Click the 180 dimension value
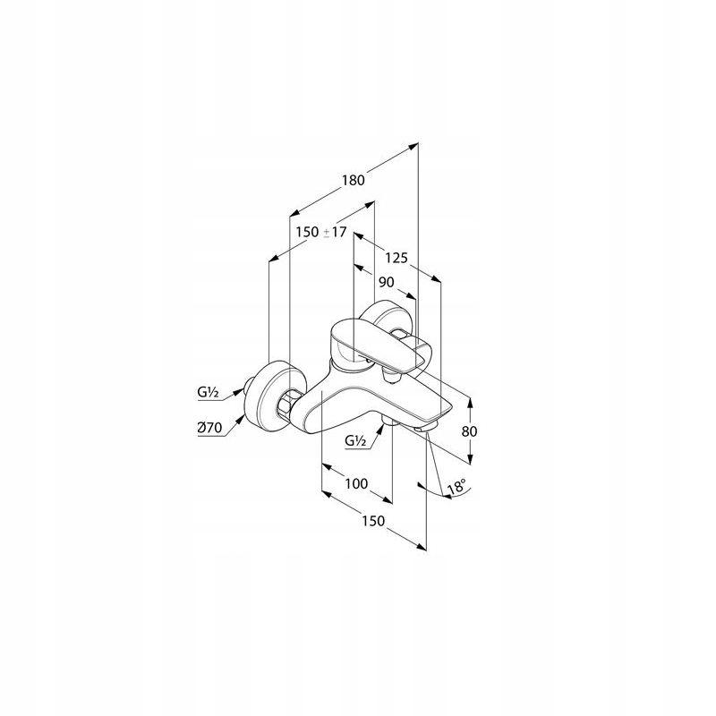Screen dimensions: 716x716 point(354,180)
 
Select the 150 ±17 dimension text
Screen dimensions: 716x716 point(321,232)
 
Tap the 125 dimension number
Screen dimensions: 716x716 point(396,259)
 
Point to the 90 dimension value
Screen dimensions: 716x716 point(387,282)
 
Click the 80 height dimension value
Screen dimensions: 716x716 point(469,431)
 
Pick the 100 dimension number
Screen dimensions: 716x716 point(356,483)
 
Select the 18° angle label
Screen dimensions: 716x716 point(456,486)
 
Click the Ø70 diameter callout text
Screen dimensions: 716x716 point(209,428)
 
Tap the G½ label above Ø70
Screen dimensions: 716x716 point(208,392)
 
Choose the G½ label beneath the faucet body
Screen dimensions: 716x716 point(355,440)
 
